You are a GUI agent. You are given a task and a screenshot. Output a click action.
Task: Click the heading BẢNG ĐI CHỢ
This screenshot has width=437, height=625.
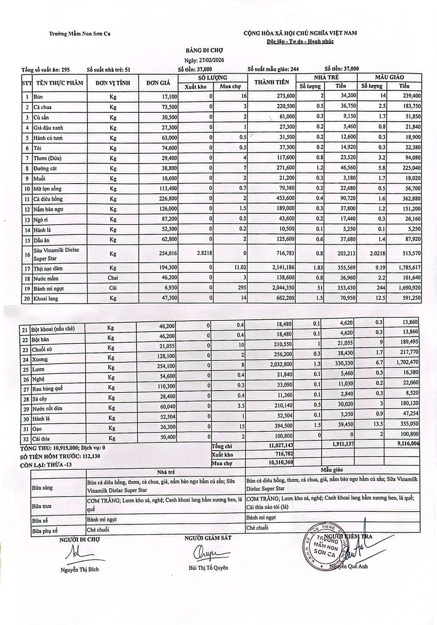(x=205, y=50)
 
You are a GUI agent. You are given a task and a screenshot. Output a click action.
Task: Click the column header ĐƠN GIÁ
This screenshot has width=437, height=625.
(x=158, y=83)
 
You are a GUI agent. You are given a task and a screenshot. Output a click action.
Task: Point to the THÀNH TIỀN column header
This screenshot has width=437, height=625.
(x=272, y=82)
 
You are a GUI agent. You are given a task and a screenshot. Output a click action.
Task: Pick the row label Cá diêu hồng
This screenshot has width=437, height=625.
(x=48, y=199)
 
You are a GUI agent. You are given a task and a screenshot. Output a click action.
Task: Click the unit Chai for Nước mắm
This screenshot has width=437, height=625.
(x=113, y=278)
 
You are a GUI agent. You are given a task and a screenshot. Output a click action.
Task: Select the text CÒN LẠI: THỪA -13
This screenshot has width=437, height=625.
(x=46, y=465)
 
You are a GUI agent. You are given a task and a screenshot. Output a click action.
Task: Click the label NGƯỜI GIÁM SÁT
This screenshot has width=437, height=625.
(x=208, y=538)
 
